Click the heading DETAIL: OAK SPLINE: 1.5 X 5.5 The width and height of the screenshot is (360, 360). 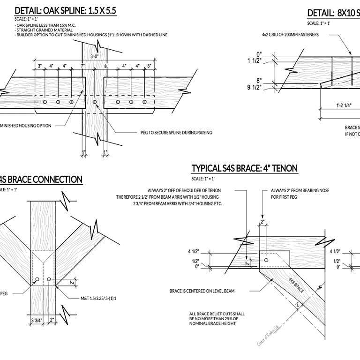point(65,11)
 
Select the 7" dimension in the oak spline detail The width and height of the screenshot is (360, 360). point(82,66)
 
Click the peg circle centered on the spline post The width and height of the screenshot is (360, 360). point(95,102)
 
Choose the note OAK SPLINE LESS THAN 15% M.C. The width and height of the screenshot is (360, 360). point(46,25)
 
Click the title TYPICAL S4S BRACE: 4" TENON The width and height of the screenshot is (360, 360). point(244,168)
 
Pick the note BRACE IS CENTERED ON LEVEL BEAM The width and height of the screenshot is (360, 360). point(202,291)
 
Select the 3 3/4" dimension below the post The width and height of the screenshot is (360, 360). point(37,321)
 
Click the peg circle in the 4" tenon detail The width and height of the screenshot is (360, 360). point(266,260)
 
